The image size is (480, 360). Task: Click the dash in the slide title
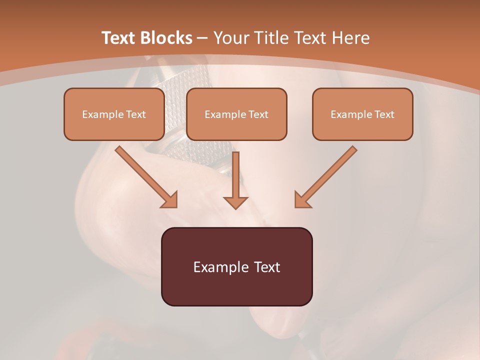pos(202,38)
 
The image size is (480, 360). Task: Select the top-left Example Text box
pos(114,114)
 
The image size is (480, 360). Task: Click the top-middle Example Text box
pos(236,114)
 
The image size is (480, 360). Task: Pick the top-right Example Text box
pos(362,114)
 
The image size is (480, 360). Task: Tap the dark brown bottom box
pos(236,266)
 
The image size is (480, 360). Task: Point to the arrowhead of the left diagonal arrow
pos(170,200)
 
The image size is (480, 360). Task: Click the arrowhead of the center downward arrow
pos(235,202)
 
